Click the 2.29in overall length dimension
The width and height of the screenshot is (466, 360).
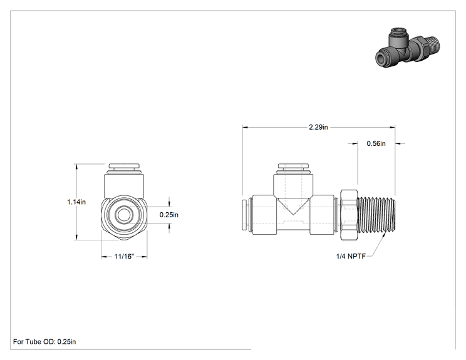318,127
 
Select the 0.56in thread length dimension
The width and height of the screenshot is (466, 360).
376,143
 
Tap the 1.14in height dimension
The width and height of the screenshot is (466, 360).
76,202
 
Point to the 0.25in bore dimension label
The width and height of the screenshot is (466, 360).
169,215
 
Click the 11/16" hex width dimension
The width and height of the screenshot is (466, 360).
124,256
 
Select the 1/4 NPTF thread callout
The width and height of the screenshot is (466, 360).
351,256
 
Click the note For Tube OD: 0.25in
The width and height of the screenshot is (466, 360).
44,342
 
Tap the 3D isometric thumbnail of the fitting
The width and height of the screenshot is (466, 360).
407,48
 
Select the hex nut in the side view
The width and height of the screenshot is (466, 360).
349,215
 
